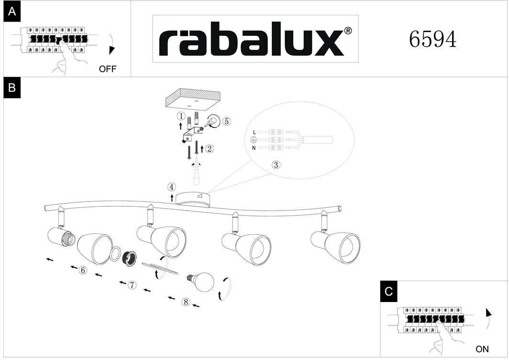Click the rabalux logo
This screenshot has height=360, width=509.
pos(255,39)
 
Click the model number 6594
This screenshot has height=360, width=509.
pos(432,40)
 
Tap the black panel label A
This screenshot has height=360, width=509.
pos(12,12)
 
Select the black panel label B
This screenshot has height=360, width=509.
pos(12,88)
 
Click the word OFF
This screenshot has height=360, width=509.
pos(108,69)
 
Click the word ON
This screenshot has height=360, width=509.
pos(482,349)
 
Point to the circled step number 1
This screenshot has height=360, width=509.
pos(180,116)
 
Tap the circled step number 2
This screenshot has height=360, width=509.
pos(209,148)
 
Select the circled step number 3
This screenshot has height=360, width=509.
pos(276,165)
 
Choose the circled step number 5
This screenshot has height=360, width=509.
pos(227,121)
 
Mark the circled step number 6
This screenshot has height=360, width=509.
pos(83,270)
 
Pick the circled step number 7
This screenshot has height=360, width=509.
pos(132,285)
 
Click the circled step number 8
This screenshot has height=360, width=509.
pos(186,302)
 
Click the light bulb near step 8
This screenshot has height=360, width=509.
pos(203,280)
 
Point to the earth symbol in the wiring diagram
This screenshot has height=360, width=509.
pos(254,140)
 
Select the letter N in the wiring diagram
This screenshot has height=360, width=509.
pos(254,148)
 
